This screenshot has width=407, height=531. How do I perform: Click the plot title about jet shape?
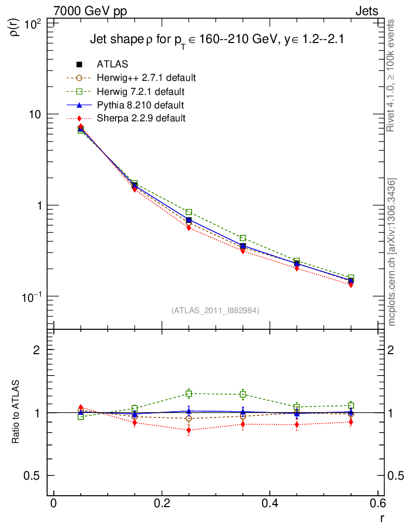(x=217, y=39)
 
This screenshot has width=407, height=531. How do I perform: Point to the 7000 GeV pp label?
(x=90, y=11)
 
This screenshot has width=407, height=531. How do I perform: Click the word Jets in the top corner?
(x=366, y=11)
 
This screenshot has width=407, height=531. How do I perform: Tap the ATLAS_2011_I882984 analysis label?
(x=215, y=310)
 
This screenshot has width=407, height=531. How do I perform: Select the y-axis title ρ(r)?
(x=16, y=26)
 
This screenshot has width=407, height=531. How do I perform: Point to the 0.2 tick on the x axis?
(x=162, y=504)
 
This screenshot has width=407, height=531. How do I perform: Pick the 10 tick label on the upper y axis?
(x=37, y=114)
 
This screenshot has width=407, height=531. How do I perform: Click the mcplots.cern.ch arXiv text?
(x=393, y=252)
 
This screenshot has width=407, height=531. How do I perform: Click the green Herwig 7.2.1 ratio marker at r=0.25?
(x=189, y=394)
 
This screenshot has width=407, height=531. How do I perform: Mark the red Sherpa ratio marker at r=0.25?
(x=189, y=430)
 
